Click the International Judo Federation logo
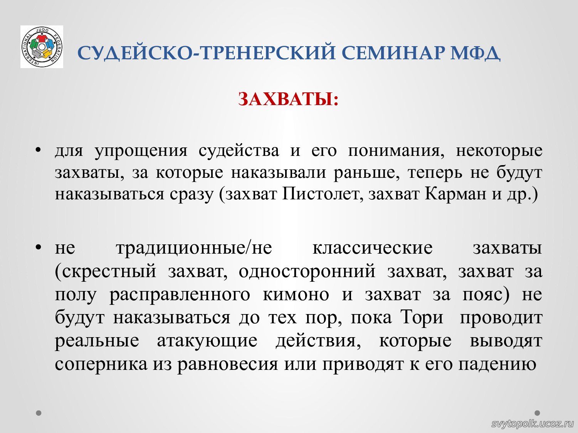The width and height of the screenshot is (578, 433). point(42,47)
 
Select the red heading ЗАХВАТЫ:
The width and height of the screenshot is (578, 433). point(288,99)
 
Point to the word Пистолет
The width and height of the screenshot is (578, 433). point(321,194)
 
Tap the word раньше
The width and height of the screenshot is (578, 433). point(366,173)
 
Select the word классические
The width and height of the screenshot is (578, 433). point(373,248)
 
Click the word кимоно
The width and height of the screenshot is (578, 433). point(296,294)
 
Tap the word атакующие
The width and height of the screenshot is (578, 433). point(207,341)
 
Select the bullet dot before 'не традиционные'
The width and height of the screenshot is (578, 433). point(39,247)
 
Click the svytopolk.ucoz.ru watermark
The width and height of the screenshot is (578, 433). point(533,423)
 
